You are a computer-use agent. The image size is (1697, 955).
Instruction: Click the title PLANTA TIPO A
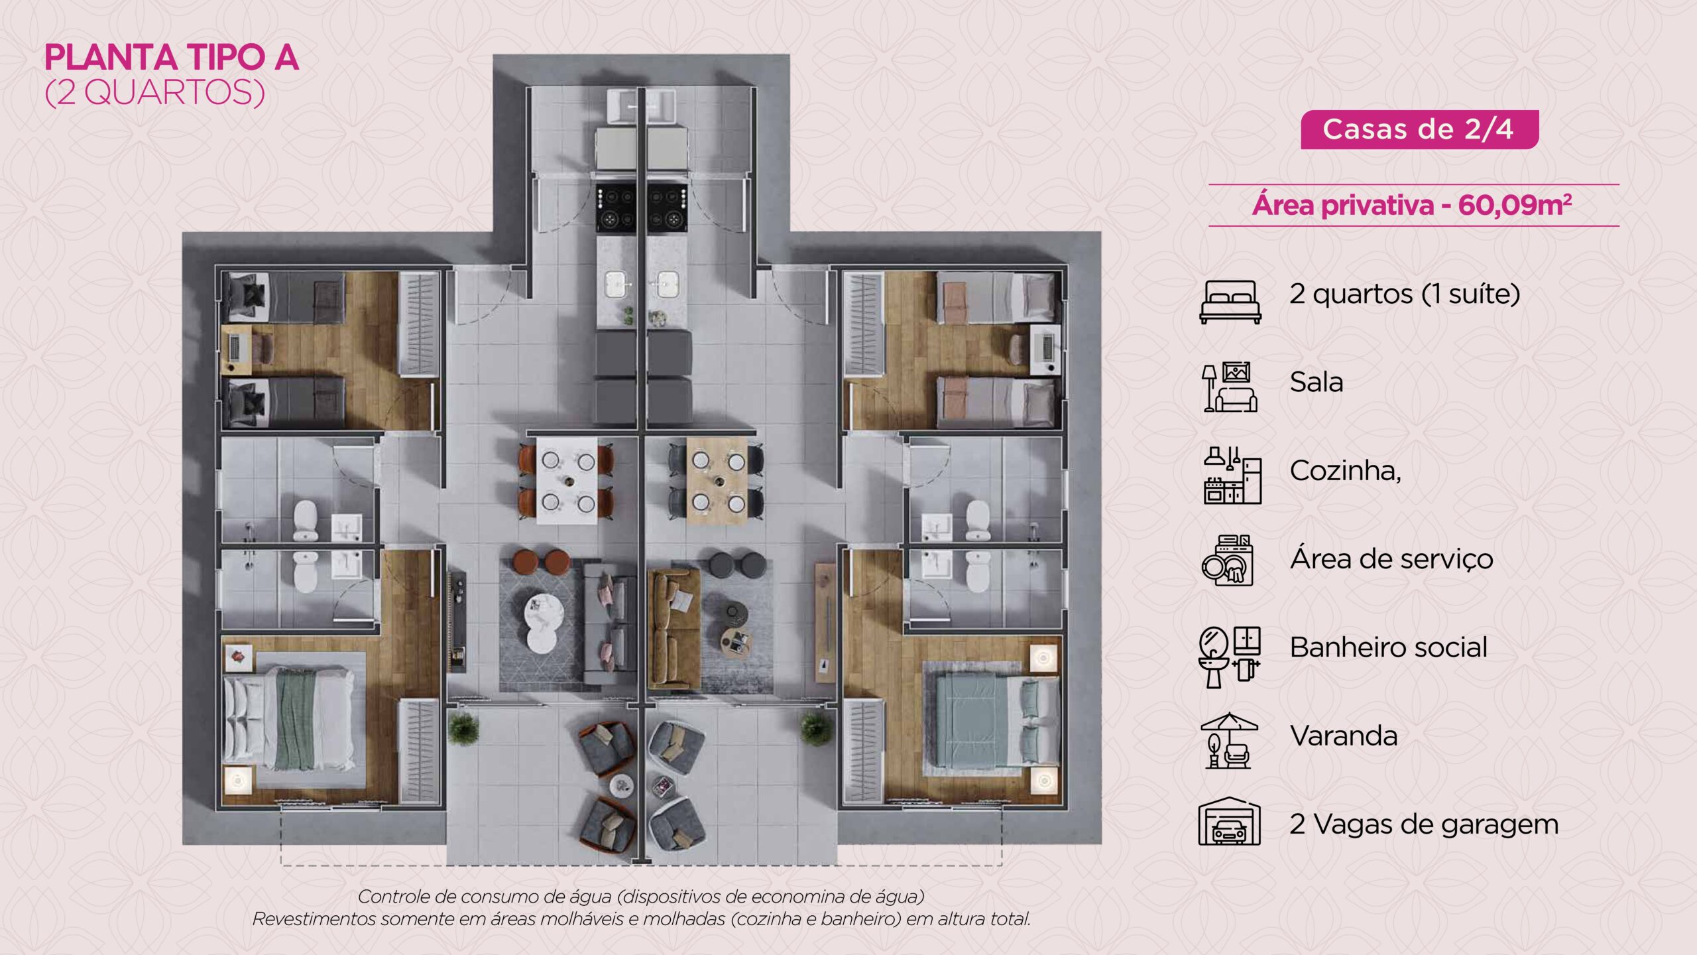coord(172,58)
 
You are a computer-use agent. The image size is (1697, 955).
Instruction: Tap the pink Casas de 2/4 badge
coord(1419,129)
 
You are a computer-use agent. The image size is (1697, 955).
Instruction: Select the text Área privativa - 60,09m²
coord(1412,205)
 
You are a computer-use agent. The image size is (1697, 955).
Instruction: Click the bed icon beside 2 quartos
coord(1230,301)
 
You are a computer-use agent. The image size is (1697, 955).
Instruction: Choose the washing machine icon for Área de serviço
coord(1228,560)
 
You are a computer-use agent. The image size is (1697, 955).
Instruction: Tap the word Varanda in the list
coord(1344,735)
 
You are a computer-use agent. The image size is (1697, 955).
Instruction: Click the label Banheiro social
coord(1389,647)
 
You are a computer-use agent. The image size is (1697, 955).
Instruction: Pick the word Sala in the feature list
coord(1317,382)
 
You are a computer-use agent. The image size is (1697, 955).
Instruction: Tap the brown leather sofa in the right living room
coord(674,628)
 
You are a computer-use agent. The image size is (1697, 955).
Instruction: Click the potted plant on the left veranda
coord(463,728)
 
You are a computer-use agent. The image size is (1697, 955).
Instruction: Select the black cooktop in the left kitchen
coord(616,208)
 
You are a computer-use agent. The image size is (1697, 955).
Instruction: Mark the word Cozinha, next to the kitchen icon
coord(1346,471)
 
